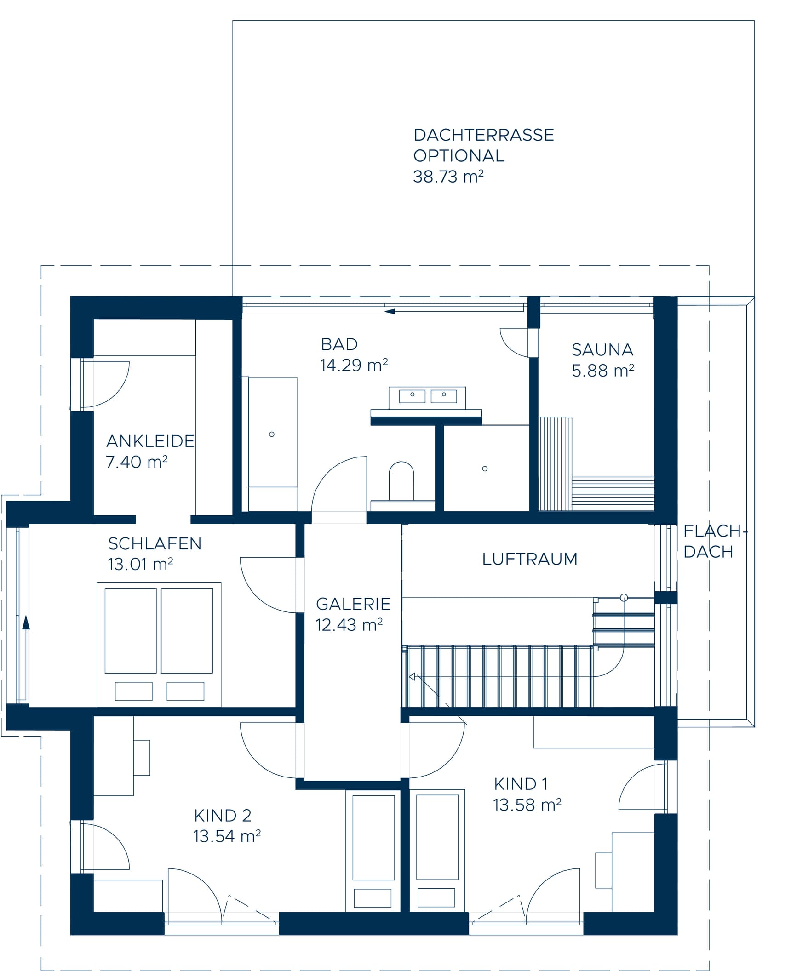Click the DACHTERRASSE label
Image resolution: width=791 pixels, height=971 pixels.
coord(484,135)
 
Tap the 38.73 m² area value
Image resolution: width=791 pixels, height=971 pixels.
coord(448,177)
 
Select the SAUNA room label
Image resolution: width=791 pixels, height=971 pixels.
coord(602,350)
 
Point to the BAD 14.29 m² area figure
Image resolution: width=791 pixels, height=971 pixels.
coord(354,365)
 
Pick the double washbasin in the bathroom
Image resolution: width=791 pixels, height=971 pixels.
coord(427,397)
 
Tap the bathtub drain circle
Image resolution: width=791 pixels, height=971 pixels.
coord(272,434)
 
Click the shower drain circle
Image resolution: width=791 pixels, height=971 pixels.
coord(485,468)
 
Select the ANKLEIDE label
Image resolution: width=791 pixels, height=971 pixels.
coord(150,441)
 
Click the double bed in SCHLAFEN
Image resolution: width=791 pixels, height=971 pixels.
coord(159,645)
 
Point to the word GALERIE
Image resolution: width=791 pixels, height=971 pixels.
coord(353,604)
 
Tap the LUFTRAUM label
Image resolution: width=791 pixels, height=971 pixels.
coord(530,559)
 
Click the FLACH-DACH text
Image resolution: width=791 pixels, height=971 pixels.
coord(715,542)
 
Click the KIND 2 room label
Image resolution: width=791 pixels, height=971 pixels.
coord(223,816)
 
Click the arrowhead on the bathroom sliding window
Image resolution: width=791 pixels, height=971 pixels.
coord(390,312)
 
